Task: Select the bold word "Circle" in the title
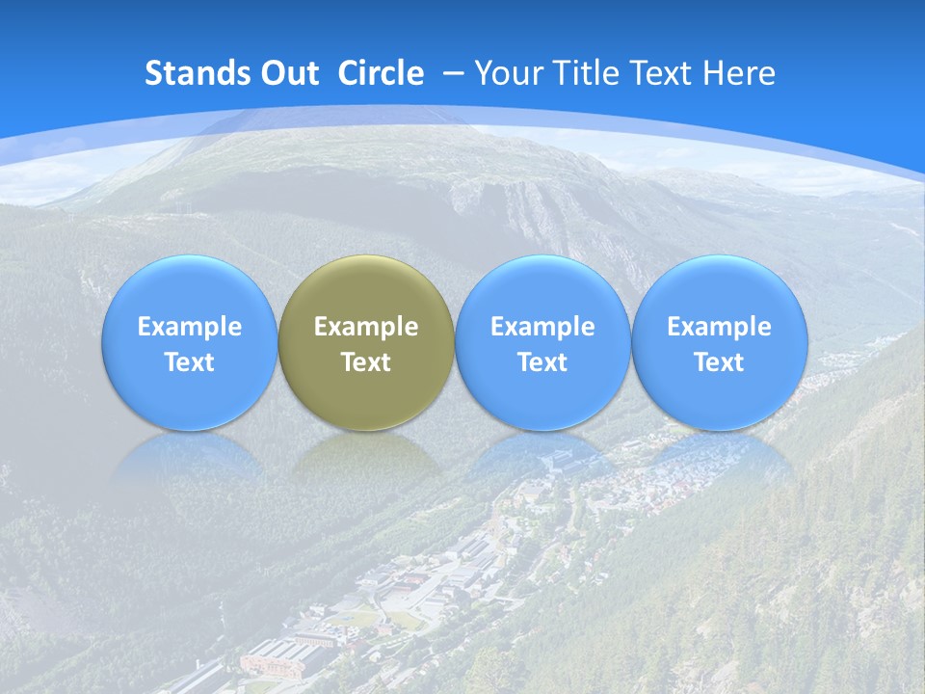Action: (381, 73)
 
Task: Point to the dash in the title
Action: (454, 74)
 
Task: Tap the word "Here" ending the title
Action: (740, 73)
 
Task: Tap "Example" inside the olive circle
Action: (366, 327)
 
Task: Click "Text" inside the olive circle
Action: (366, 362)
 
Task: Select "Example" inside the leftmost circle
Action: (189, 327)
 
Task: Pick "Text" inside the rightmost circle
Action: (720, 362)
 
